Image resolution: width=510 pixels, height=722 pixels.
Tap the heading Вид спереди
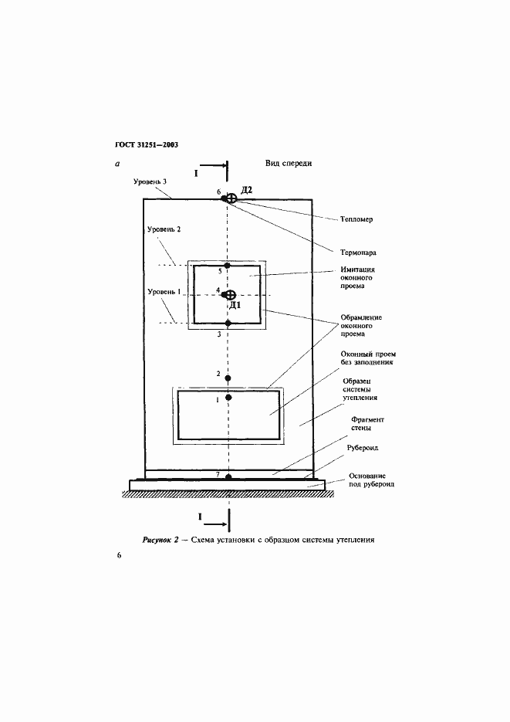point(288,164)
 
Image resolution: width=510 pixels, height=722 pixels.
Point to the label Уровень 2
point(163,229)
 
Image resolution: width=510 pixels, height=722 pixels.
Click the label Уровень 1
point(163,292)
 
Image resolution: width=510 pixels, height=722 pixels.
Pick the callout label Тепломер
point(356,219)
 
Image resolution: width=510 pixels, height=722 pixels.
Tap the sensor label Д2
point(247,189)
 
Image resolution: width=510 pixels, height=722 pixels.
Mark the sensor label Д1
point(237,304)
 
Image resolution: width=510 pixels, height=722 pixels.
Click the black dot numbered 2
point(228,377)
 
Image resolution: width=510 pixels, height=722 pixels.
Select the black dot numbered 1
point(228,398)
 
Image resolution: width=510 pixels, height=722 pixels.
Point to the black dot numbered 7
point(228,476)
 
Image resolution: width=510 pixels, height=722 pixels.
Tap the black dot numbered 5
point(228,265)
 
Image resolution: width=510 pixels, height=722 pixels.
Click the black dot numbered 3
point(228,323)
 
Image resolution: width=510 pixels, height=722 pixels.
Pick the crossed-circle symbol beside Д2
point(231,199)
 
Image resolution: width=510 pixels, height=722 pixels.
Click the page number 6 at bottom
point(119,556)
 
